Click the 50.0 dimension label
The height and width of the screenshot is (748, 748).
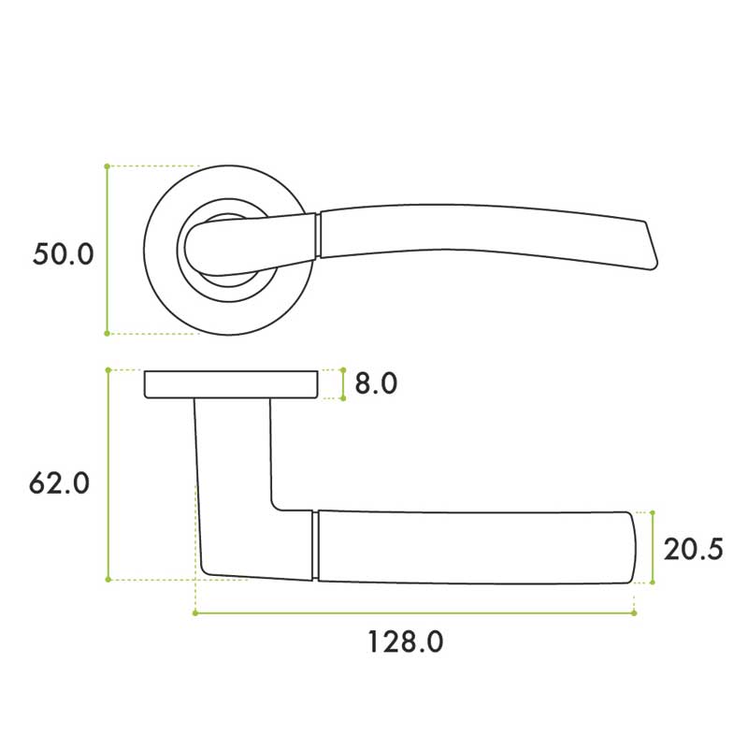64,253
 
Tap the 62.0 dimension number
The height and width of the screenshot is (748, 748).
60,483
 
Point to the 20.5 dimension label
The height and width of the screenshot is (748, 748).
693,549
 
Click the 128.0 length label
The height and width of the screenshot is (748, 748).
405,642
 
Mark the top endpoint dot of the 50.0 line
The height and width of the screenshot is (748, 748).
108,166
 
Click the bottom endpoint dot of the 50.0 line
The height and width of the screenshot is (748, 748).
108,333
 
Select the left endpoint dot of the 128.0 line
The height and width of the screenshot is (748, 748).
194,613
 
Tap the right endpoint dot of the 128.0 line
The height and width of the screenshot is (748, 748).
634,613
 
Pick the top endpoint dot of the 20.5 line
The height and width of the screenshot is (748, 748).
652,512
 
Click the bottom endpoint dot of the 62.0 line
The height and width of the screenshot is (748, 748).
108,580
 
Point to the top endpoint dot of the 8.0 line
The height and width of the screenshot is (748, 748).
342,368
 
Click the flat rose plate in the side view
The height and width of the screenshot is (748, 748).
231,384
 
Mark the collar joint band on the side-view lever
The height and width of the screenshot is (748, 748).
314,545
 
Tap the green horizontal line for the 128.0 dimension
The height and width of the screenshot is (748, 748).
411,613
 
